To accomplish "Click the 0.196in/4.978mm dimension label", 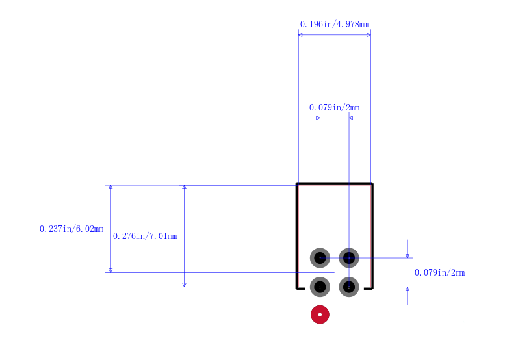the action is (334, 24).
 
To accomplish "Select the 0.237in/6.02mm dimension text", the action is (71, 229).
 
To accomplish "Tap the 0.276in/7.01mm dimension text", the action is (145, 236).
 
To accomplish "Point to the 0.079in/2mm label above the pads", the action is (334, 107).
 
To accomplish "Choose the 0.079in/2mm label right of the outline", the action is (440, 272).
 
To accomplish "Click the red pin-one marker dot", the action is (320, 315).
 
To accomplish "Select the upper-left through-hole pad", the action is (320, 258).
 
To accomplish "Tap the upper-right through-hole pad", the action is (349, 258).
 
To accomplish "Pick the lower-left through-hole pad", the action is (320, 287).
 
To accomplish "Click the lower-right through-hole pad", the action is (349, 287).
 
